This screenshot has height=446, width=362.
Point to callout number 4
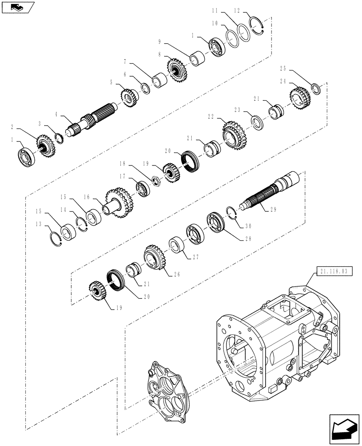[x=57, y=115]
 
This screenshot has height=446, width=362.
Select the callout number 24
[x=282, y=82]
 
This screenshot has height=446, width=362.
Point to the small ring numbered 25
[x=316, y=88]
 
